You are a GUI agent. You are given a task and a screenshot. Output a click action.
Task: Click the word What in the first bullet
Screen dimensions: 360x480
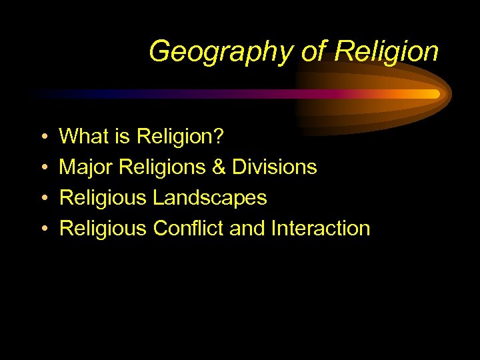(83, 137)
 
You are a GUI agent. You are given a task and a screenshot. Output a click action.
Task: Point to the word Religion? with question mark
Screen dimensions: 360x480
(181, 137)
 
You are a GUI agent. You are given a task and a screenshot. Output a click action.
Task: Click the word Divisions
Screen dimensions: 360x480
(274, 167)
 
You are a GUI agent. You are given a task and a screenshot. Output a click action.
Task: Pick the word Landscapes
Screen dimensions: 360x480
(209, 198)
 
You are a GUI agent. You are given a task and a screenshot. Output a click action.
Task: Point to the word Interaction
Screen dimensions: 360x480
(320, 229)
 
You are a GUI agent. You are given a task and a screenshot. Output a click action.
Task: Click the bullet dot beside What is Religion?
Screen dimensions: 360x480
(42, 138)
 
